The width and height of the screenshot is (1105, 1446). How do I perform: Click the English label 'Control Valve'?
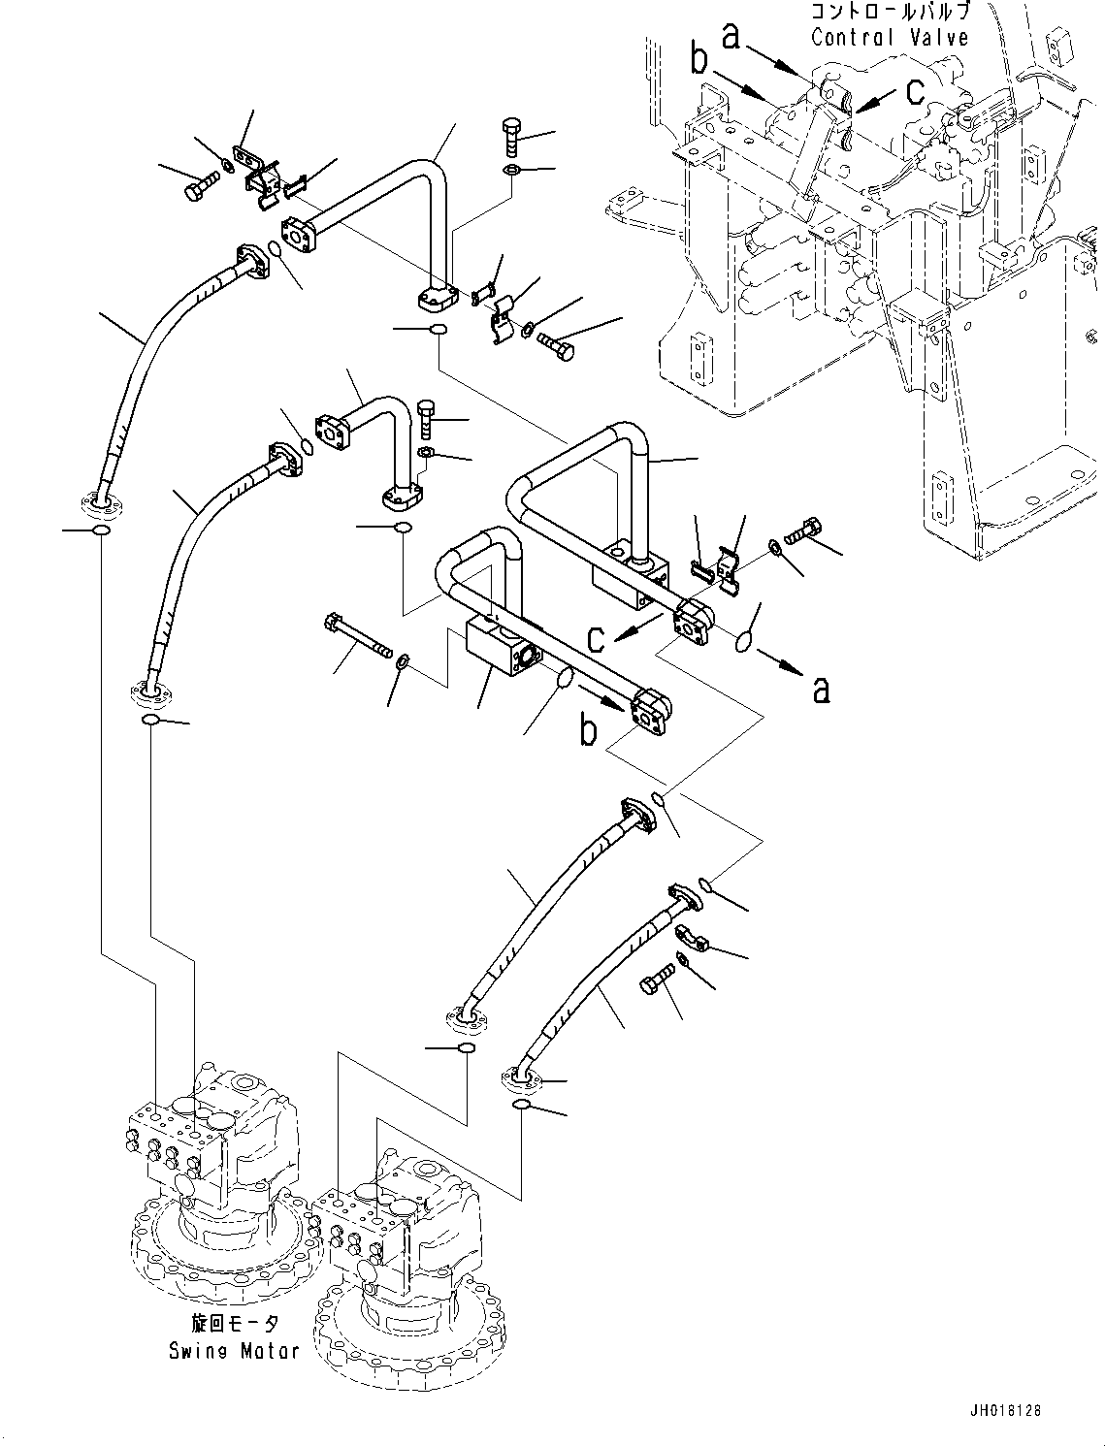click(x=889, y=38)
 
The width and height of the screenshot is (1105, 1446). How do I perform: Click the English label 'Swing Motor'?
click(x=234, y=1350)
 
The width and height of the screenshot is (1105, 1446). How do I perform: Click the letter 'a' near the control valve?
click(x=732, y=36)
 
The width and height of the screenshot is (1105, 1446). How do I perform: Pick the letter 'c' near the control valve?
click(x=915, y=90)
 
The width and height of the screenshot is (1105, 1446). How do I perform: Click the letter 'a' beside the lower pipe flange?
click(x=821, y=690)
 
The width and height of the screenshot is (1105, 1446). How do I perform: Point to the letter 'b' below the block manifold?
click(x=589, y=730)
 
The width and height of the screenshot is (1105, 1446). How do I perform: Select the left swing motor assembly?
click(x=218, y=1203)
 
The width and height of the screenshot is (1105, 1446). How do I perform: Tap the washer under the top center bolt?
click(x=512, y=172)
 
